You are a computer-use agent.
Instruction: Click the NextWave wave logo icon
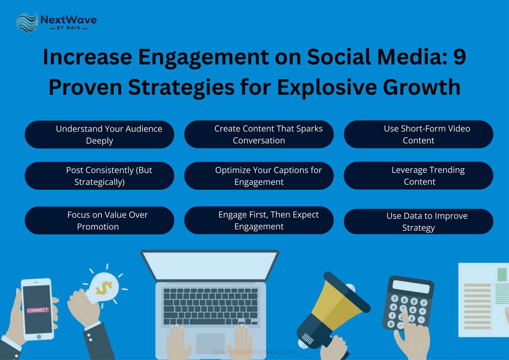coord(27,23)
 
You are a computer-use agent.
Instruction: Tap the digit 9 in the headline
coord(459,57)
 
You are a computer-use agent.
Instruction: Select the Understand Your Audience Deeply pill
coord(99,135)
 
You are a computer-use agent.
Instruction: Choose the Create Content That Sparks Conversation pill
coord(259,134)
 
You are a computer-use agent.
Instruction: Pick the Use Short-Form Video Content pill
coord(418,134)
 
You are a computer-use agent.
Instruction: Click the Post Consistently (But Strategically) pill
coord(99,176)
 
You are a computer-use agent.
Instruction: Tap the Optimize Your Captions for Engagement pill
coord(259,176)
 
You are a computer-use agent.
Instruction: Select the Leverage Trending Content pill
coord(418,176)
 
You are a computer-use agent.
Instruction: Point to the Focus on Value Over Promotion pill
coord(99,221)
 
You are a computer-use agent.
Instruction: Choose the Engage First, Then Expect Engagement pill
coord(259,220)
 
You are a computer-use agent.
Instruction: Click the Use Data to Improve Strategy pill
coord(418,222)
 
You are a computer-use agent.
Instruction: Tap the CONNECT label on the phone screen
coord(38,310)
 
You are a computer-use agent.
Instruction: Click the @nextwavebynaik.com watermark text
coord(254,352)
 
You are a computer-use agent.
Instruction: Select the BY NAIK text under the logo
coord(68,28)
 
